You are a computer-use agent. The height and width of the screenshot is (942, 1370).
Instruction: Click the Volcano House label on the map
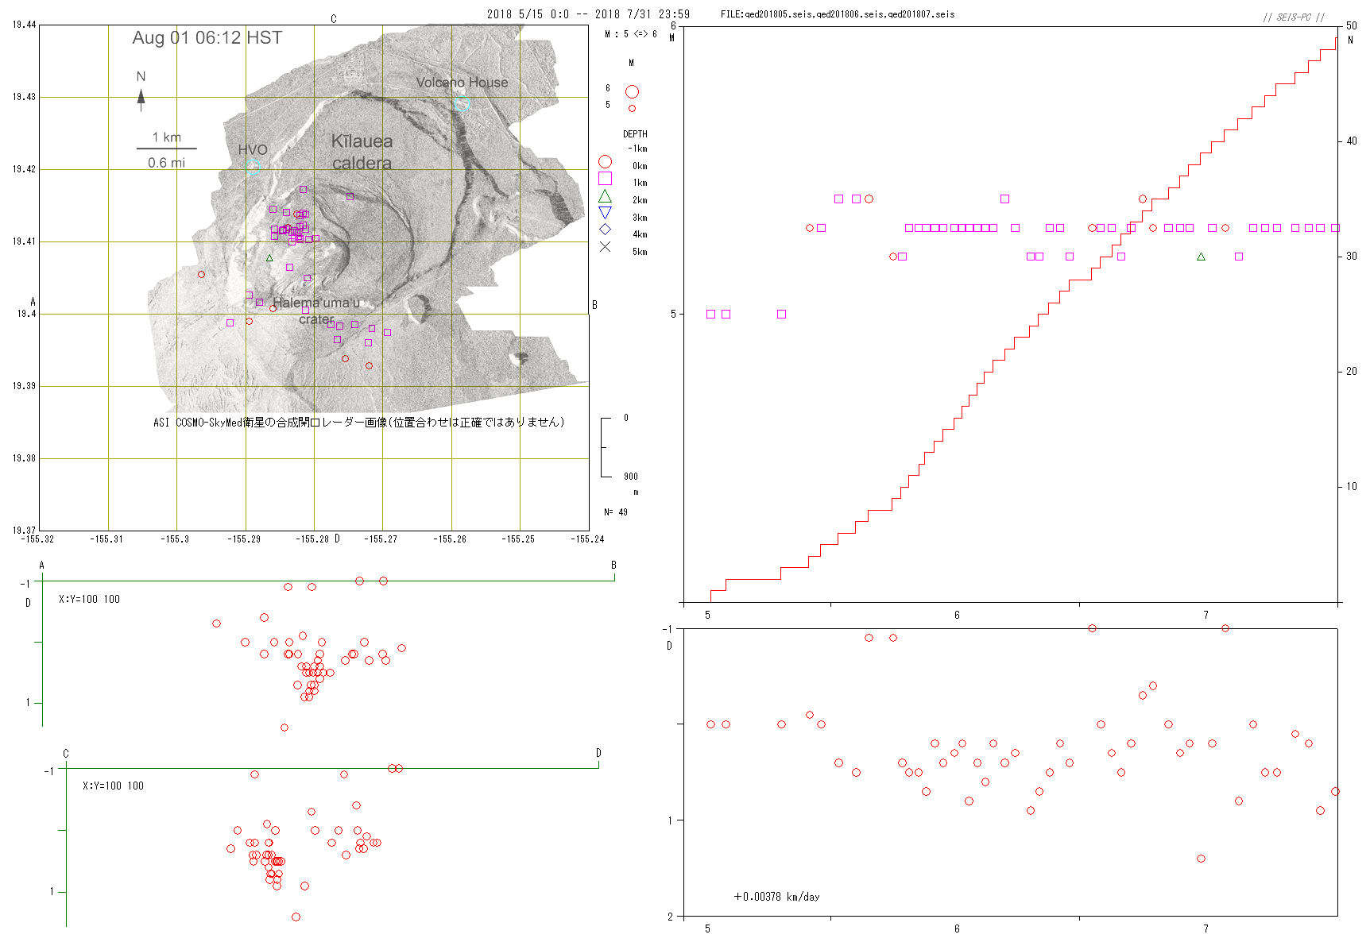point(462,83)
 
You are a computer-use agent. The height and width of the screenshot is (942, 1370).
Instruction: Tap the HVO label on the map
point(253,149)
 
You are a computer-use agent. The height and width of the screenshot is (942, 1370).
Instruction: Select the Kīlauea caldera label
point(362,152)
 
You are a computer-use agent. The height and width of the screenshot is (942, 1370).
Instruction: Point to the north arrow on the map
point(141,97)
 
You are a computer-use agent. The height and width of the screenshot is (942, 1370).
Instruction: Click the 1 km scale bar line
point(166,149)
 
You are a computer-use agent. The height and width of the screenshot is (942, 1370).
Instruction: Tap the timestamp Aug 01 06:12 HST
point(207,38)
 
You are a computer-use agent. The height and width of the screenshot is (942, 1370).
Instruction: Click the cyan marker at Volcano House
point(462,103)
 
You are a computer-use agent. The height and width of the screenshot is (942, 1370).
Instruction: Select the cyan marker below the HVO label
point(253,167)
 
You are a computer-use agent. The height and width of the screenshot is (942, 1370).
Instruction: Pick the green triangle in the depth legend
point(605,196)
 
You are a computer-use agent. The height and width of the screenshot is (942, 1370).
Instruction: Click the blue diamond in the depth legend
point(605,230)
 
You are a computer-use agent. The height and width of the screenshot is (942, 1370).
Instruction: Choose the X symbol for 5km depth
point(605,247)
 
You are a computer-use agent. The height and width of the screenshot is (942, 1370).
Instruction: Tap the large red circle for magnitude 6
point(632,92)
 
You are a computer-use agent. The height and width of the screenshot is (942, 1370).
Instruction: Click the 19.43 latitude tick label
point(24,97)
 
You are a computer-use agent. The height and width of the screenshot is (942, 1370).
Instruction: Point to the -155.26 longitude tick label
point(450,539)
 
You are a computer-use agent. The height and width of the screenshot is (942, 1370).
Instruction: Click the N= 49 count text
point(616,512)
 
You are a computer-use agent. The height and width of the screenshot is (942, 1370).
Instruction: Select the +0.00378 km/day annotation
point(776,897)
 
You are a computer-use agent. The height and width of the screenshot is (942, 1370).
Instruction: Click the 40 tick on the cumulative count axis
point(1352,141)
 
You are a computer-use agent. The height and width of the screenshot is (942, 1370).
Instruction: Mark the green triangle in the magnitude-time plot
point(1201,257)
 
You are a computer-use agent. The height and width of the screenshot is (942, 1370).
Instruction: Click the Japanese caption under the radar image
point(358,423)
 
